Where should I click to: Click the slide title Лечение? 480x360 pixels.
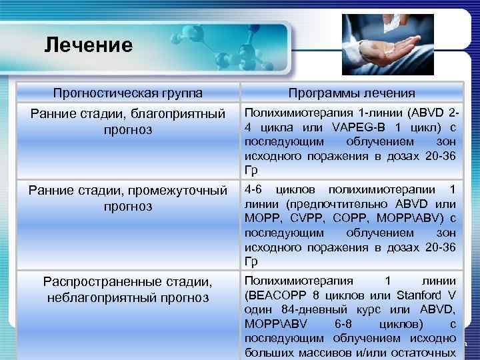point(89,45)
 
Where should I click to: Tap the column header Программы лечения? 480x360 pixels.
point(352,93)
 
